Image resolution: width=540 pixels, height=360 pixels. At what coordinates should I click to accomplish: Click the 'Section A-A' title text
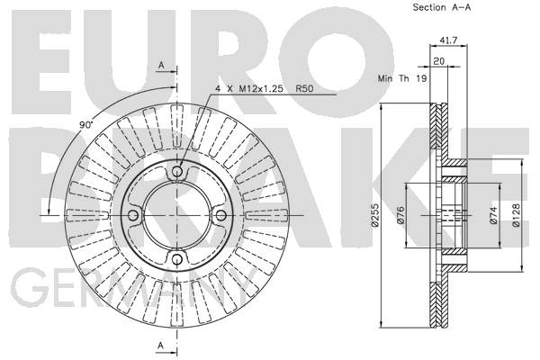[442, 7]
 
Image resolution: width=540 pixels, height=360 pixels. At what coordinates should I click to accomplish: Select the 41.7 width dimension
[448, 40]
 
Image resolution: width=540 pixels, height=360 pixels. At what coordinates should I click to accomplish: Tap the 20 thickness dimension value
[438, 61]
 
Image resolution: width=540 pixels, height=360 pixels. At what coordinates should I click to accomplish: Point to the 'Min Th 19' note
[402, 78]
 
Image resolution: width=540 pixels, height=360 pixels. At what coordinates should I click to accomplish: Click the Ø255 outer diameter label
[375, 215]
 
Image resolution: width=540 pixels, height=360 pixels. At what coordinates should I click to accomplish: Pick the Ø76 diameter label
[400, 216]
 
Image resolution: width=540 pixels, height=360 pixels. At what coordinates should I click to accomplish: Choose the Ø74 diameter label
[493, 216]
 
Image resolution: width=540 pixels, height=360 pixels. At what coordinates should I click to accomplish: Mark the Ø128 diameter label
[516, 215]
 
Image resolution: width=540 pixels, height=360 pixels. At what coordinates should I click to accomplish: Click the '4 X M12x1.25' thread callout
[249, 89]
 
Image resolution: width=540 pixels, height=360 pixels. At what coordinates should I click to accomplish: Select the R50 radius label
[304, 89]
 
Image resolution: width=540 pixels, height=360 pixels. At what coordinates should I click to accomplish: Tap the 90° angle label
[86, 125]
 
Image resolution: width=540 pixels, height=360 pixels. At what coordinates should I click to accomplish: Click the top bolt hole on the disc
[177, 171]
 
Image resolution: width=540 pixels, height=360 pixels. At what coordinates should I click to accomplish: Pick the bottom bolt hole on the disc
[177, 259]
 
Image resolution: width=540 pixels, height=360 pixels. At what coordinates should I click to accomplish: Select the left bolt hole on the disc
[133, 216]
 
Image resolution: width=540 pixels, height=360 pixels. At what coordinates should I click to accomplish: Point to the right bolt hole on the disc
[221, 216]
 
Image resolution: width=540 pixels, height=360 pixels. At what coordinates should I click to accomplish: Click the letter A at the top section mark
[161, 65]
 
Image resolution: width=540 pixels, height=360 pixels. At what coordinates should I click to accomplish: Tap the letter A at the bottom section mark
[161, 346]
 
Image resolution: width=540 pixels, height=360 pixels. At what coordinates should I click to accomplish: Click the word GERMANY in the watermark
[134, 288]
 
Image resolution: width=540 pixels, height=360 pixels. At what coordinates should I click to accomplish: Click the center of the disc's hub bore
[177, 216]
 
